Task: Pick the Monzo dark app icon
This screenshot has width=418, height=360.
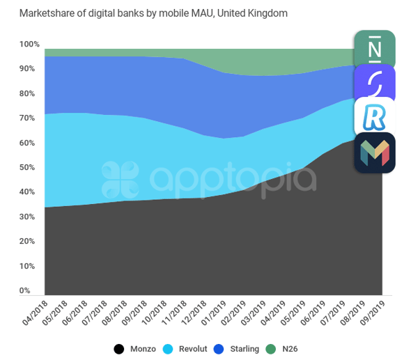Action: point(375,152)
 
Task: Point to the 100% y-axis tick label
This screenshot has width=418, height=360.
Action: point(29,44)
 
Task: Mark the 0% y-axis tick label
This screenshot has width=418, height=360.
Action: point(25,290)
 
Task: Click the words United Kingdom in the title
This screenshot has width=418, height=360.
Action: point(252,13)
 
